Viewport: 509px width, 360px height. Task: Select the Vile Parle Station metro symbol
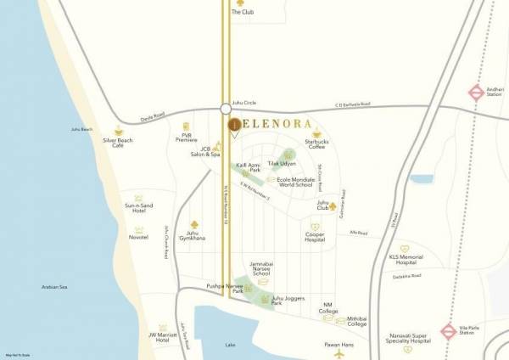tap(449, 331)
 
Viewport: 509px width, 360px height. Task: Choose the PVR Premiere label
tap(187, 138)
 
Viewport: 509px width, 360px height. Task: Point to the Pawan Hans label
tap(338, 345)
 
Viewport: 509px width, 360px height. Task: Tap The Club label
tap(243, 13)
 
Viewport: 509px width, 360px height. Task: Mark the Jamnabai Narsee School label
tap(261, 270)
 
